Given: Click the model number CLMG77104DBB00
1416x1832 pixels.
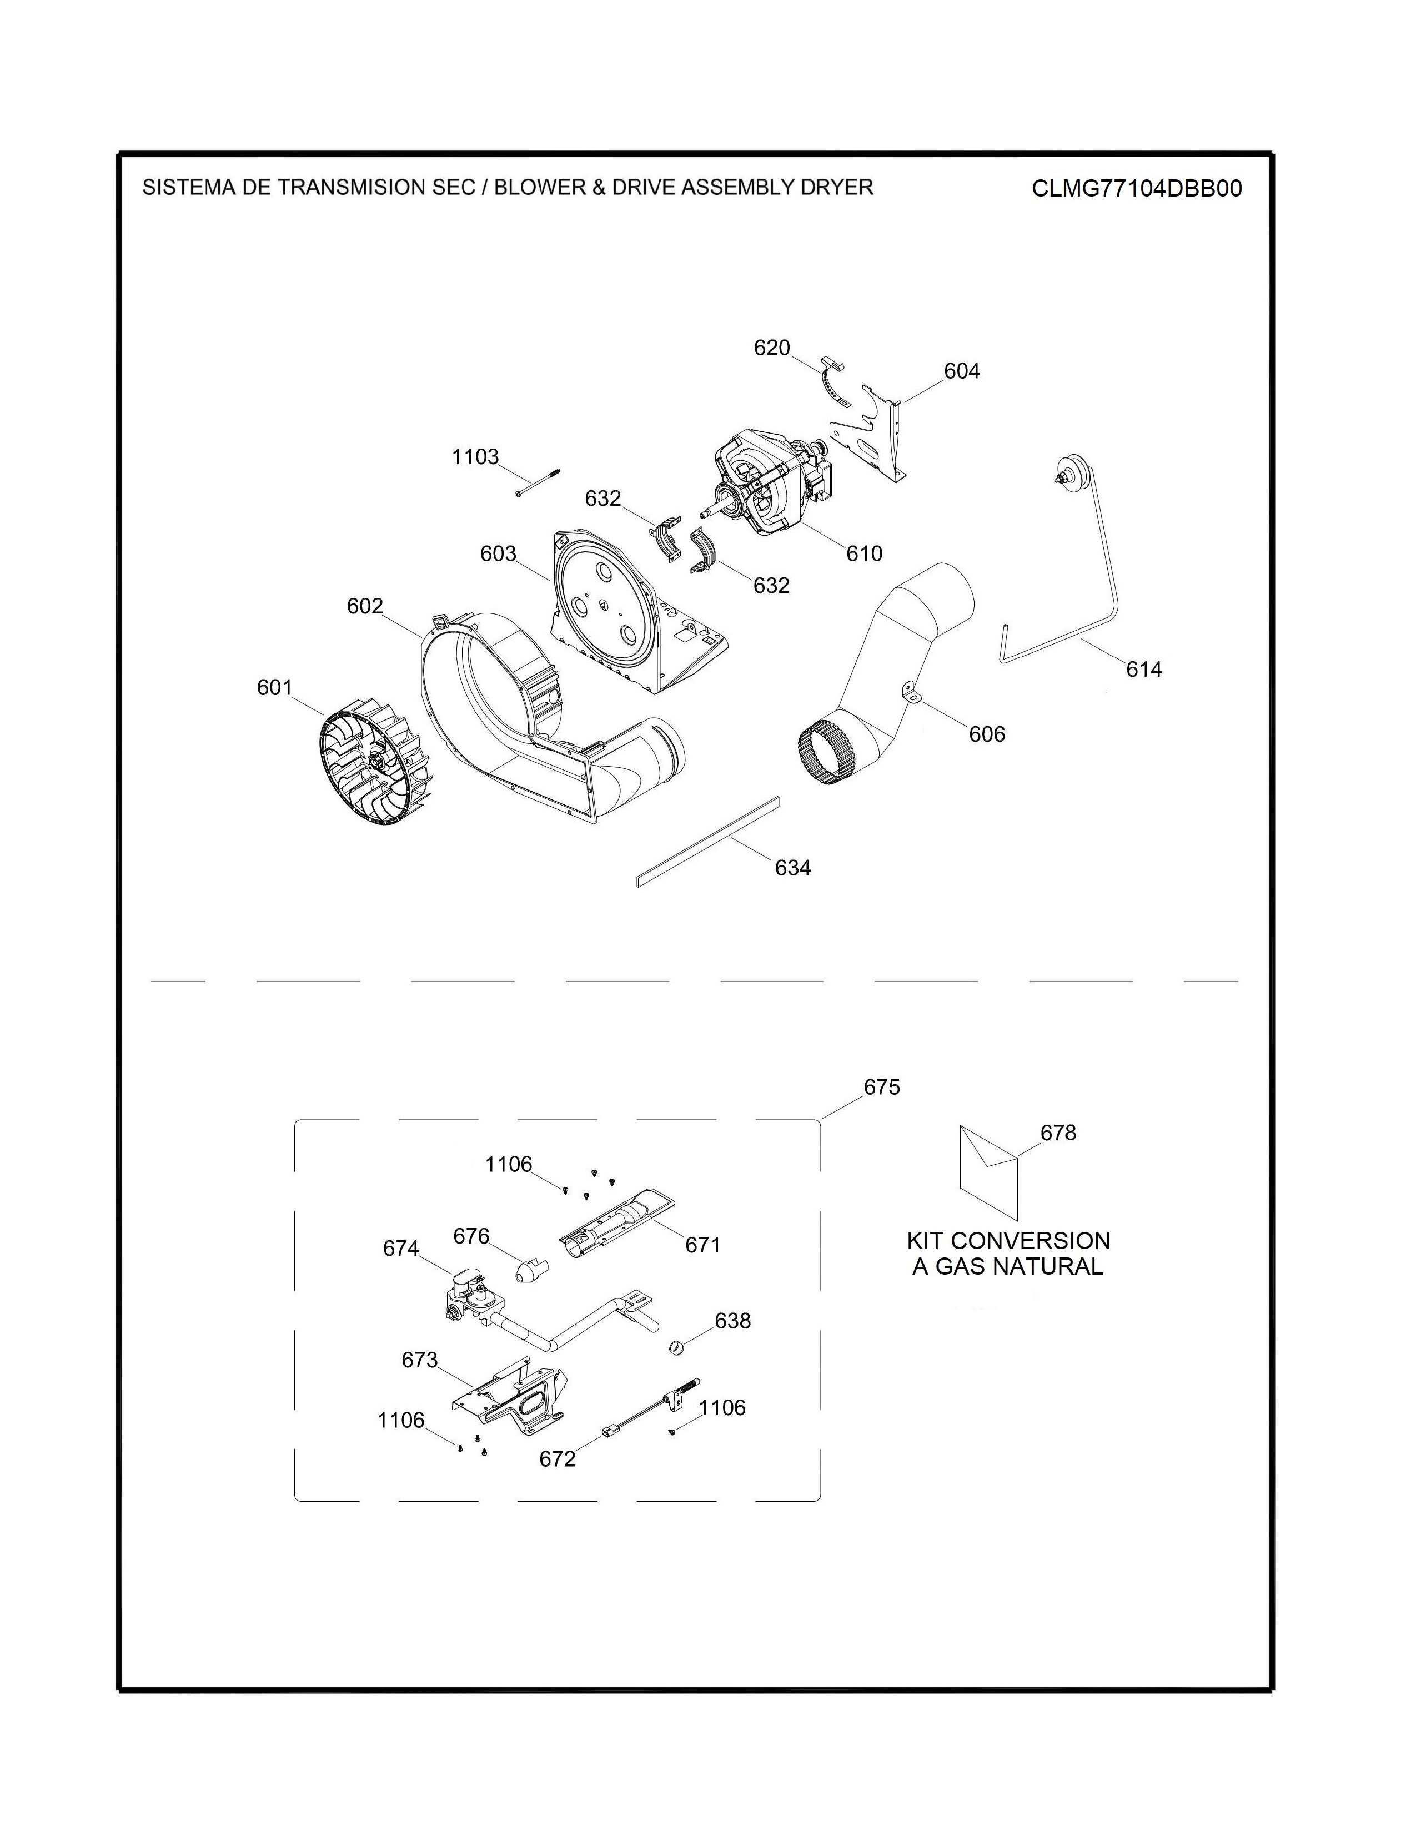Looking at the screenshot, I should (x=1137, y=188).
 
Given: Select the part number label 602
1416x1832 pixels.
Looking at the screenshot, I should (x=365, y=606).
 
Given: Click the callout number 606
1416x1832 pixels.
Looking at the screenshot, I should (x=987, y=734).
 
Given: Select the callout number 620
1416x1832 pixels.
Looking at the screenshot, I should (x=772, y=348).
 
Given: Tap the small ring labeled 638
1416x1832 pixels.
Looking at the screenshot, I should (x=677, y=1348).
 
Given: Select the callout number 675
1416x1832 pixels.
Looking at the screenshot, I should (x=882, y=1087).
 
